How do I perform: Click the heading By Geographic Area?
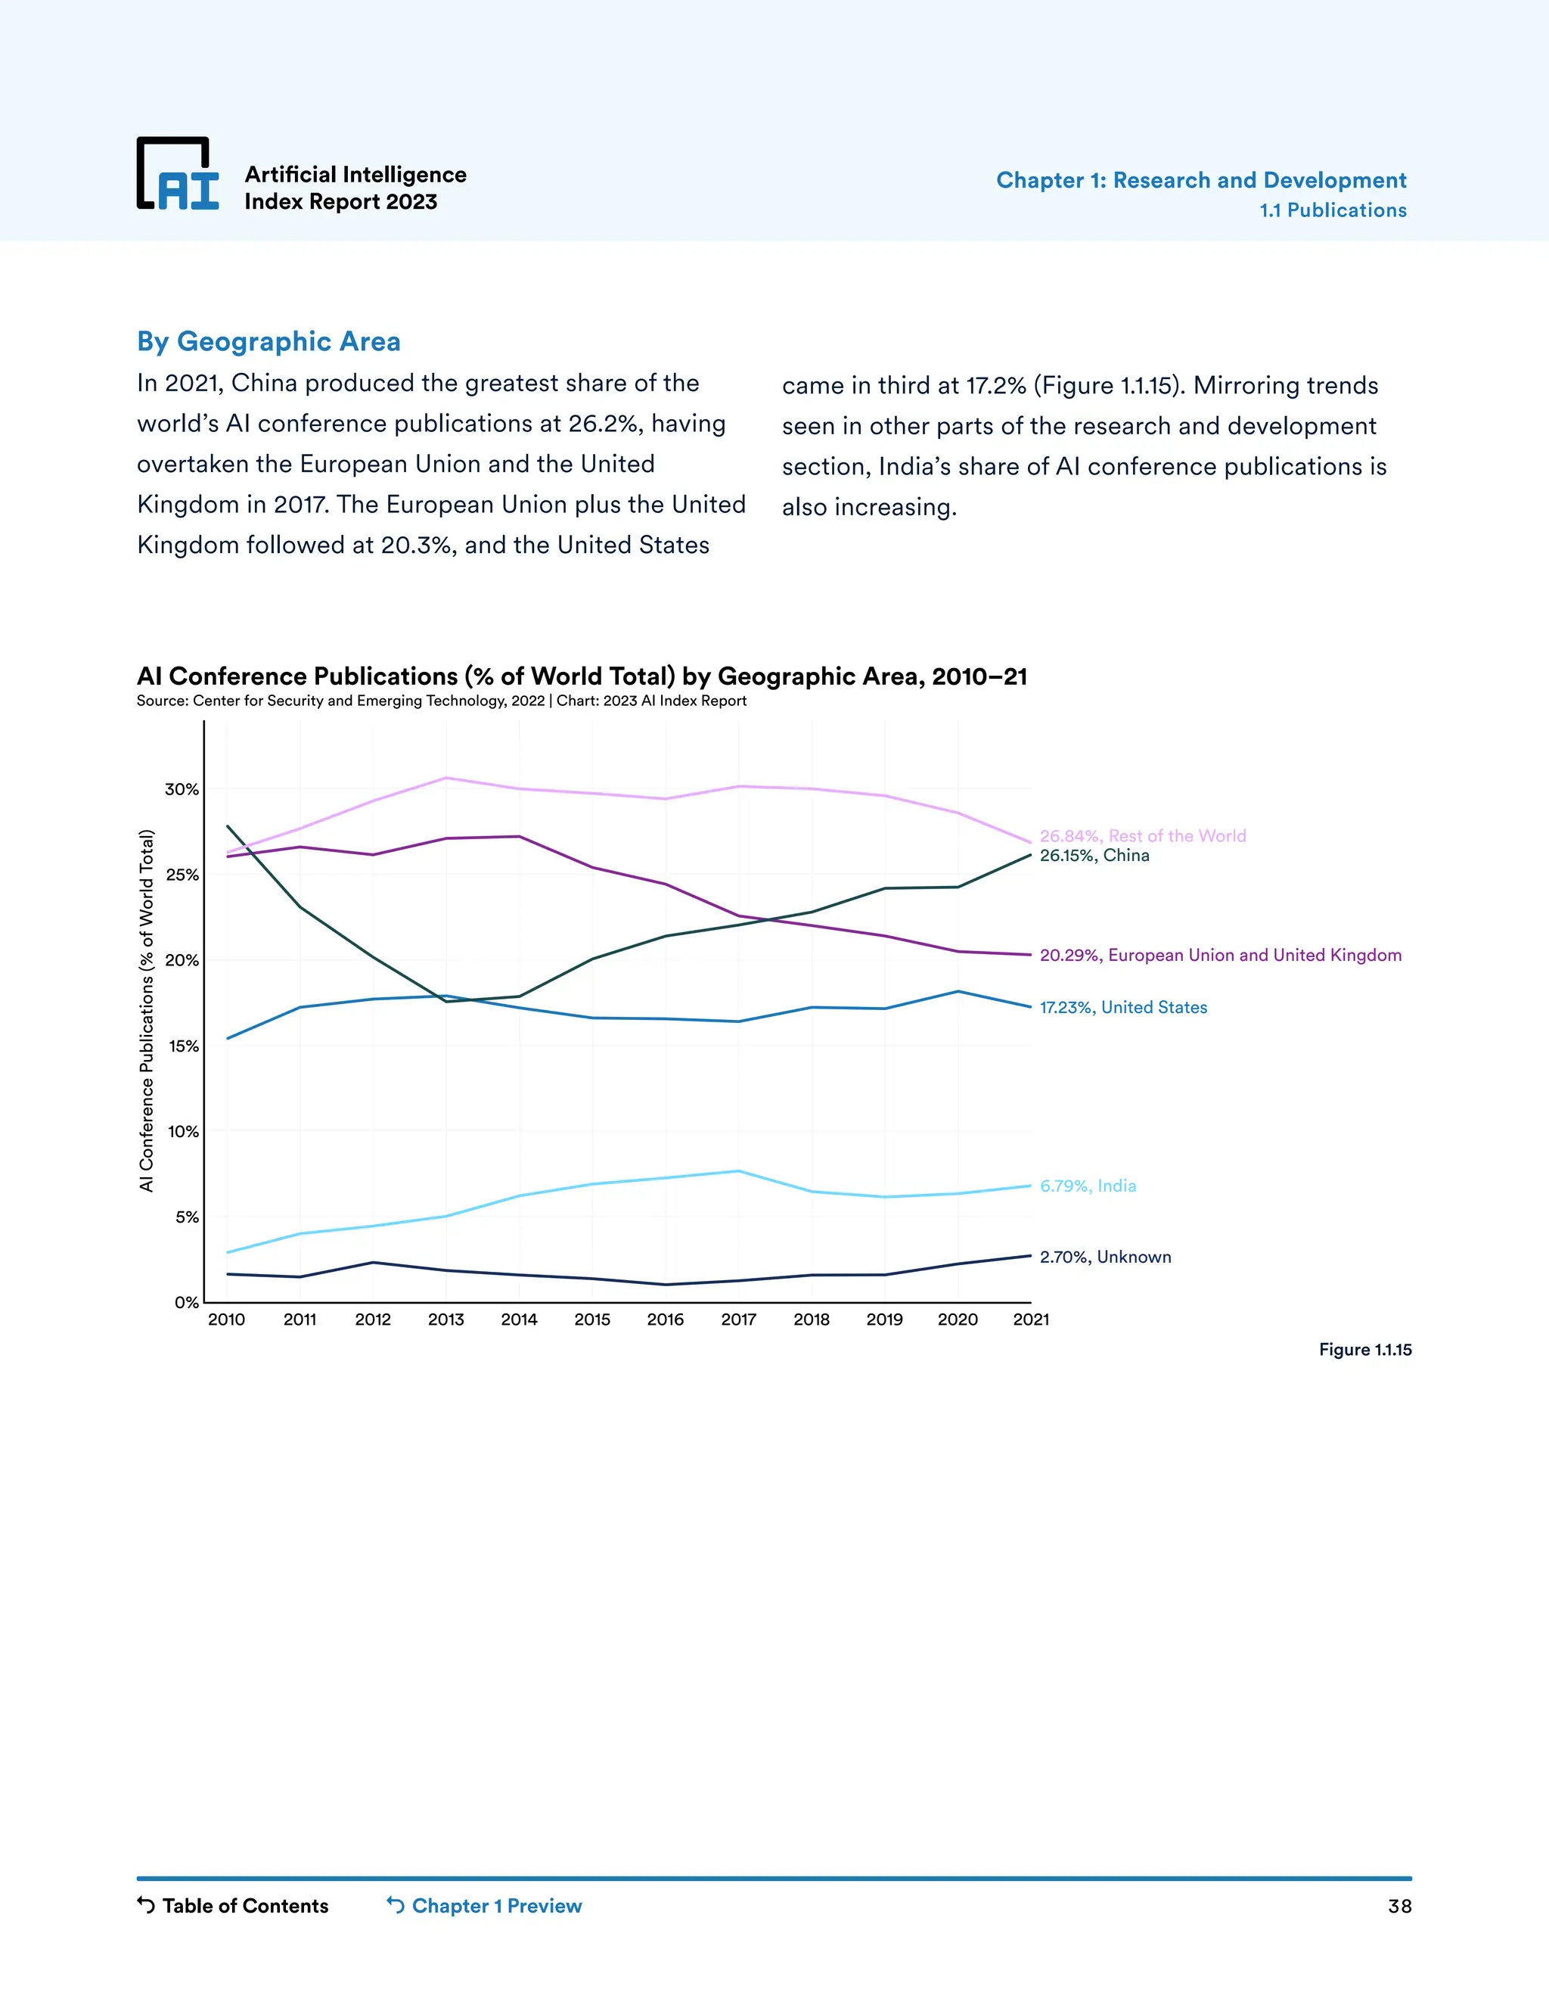(x=268, y=341)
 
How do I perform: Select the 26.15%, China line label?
(x=1094, y=856)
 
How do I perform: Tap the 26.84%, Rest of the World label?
(x=1143, y=835)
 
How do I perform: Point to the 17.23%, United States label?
(x=1123, y=1007)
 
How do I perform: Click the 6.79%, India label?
(x=1088, y=1186)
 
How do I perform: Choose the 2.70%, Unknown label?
(x=1105, y=1257)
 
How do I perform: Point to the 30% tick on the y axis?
(x=182, y=789)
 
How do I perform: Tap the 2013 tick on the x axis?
(x=446, y=1320)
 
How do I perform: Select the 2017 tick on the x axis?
(x=739, y=1320)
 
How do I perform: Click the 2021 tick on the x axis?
(x=1031, y=1320)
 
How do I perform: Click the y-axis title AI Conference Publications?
(x=147, y=1010)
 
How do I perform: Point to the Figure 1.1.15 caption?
(x=1364, y=1350)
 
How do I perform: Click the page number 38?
(x=1398, y=1907)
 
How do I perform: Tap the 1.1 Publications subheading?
(x=1333, y=210)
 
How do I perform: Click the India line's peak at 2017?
(x=739, y=1170)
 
